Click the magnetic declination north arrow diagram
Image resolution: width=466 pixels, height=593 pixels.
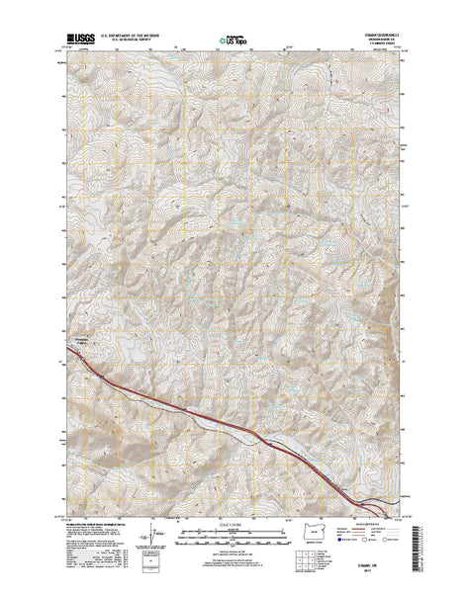pyautogui.click(x=150, y=535)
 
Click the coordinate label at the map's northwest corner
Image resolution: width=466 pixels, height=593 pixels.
pyautogui.click(x=59, y=56)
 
